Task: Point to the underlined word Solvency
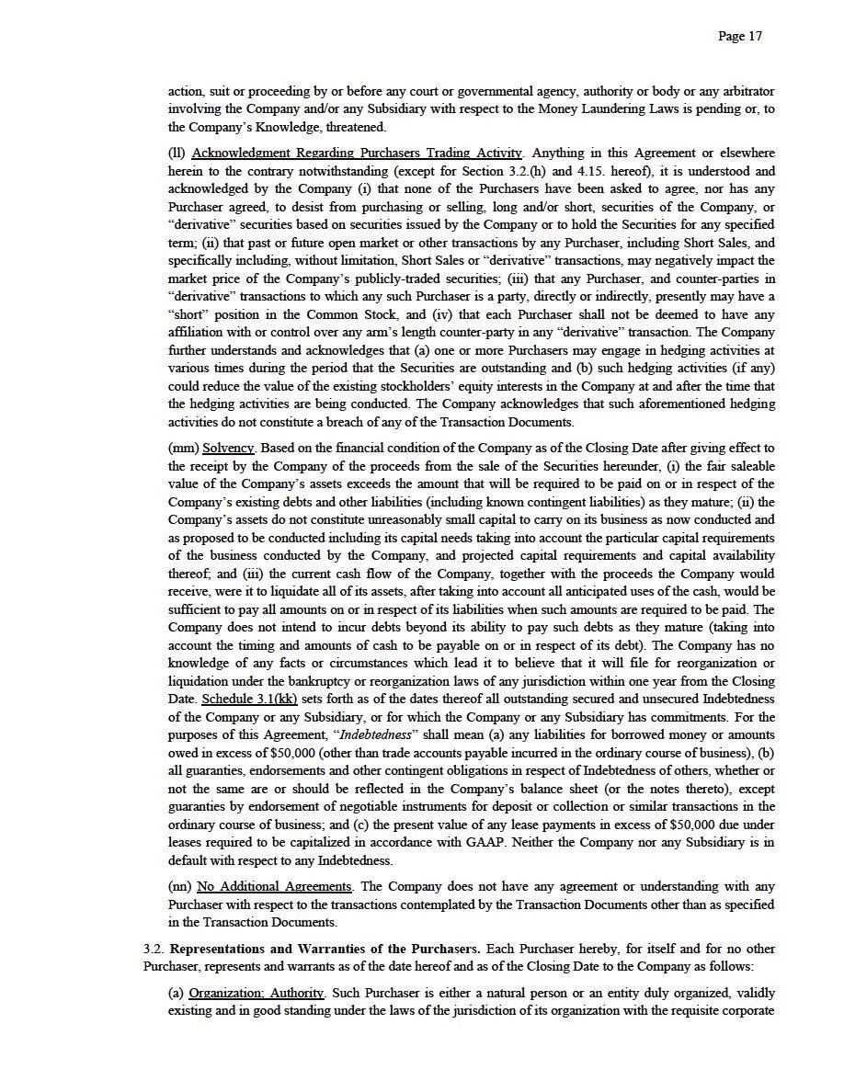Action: coord(228,449)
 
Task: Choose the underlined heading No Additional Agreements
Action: coord(274,887)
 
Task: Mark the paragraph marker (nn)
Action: coord(180,887)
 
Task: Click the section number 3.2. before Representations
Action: coord(154,949)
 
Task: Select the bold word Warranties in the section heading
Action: coord(348,949)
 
